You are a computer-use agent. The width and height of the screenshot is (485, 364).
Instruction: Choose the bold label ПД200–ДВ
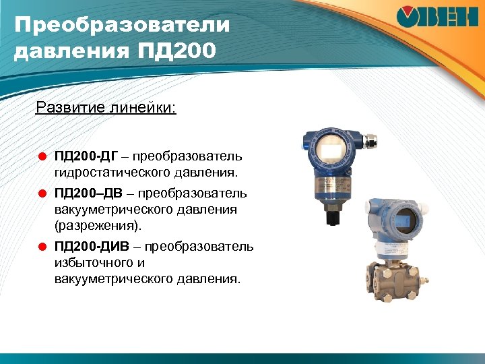[x=87, y=194]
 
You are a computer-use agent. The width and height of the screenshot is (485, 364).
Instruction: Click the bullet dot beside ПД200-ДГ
[x=41, y=157]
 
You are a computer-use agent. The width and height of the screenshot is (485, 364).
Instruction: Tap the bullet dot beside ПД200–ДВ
[x=41, y=194]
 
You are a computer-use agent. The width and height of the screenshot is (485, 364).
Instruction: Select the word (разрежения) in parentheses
[x=94, y=225]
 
